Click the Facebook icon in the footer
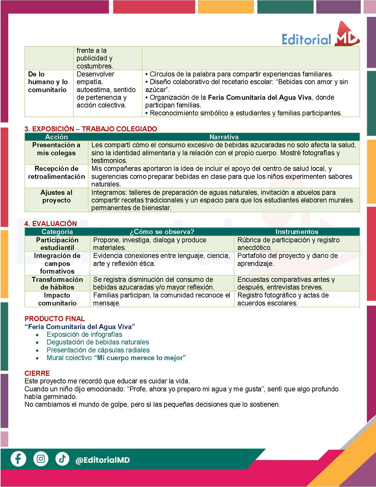point(18,459)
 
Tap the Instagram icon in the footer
point(41,459)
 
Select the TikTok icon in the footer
point(62,459)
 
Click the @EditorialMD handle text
point(103,460)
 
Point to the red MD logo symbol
point(347,35)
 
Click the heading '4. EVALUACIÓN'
point(51,223)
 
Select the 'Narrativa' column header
point(224,137)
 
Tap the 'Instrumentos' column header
point(297,232)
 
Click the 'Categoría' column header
point(57,232)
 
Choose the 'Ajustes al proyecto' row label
point(56,196)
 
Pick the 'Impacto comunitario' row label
point(57,299)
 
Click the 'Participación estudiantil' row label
point(57,244)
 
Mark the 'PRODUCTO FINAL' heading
point(55,319)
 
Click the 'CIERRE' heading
point(37,373)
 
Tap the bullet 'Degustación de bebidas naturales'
point(98,342)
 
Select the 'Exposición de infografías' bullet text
point(84,334)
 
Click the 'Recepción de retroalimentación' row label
point(56,173)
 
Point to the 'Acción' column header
point(56,137)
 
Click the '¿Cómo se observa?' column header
point(162,232)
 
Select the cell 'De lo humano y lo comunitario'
point(48,82)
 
